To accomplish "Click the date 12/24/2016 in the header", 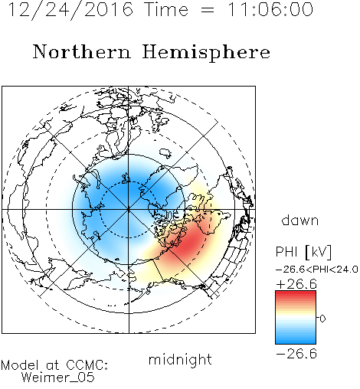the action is click(x=70, y=10).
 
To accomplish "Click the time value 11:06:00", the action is click(x=270, y=9).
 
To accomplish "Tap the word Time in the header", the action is click(x=166, y=9).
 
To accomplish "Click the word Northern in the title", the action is click(x=82, y=51).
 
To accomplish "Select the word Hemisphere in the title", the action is click(x=206, y=53).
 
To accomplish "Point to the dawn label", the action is click(x=300, y=220).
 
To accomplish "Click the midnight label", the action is click(x=180, y=360).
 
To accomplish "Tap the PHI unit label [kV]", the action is click(x=319, y=252).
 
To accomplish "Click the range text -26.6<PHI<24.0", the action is click(x=317, y=270).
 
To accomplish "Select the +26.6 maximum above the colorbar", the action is click(x=296, y=284).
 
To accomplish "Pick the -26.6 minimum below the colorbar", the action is click(x=296, y=354).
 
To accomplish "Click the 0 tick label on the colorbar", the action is click(x=322, y=319).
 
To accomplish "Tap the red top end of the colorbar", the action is click(x=296, y=293).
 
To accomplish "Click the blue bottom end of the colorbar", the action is click(x=296, y=342).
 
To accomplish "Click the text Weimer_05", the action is click(x=58, y=378).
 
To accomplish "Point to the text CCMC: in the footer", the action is click(x=87, y=365).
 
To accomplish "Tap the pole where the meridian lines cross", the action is click(x=129, y=209).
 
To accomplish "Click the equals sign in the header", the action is click(x=208, y=10).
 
